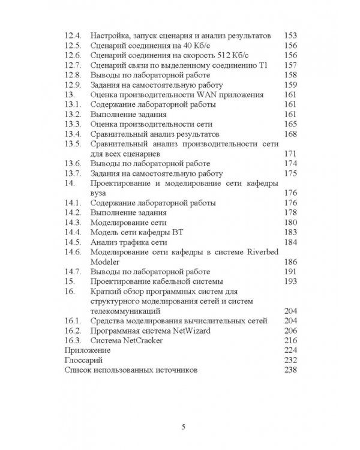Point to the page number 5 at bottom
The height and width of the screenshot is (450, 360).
coord(184,427)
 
